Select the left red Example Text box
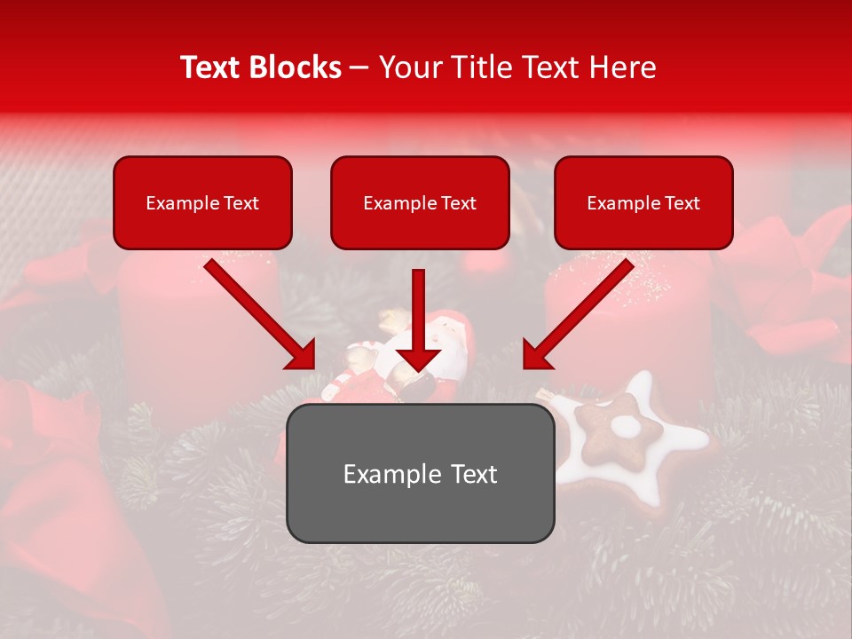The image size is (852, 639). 202,202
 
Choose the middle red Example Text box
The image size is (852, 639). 420,202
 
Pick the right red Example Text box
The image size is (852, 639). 643,202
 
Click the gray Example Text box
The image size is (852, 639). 420,473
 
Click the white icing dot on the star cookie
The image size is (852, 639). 627,427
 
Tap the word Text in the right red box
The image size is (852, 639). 682,202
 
